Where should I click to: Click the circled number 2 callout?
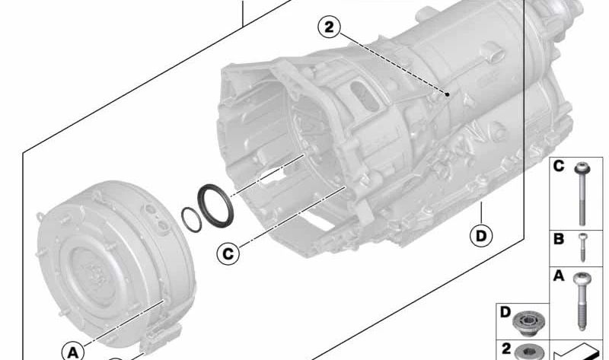(x=329, y=27)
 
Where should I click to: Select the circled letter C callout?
(x=228, y=253)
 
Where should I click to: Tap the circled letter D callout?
(x=481, y=236)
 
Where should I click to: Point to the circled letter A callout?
(x=73, y=352)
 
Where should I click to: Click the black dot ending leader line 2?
(x=448, y=94)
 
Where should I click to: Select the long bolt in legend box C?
(x=582, y=194)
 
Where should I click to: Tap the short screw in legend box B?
(x=583, y=248)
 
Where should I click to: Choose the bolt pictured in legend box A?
(x=582, y=301)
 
